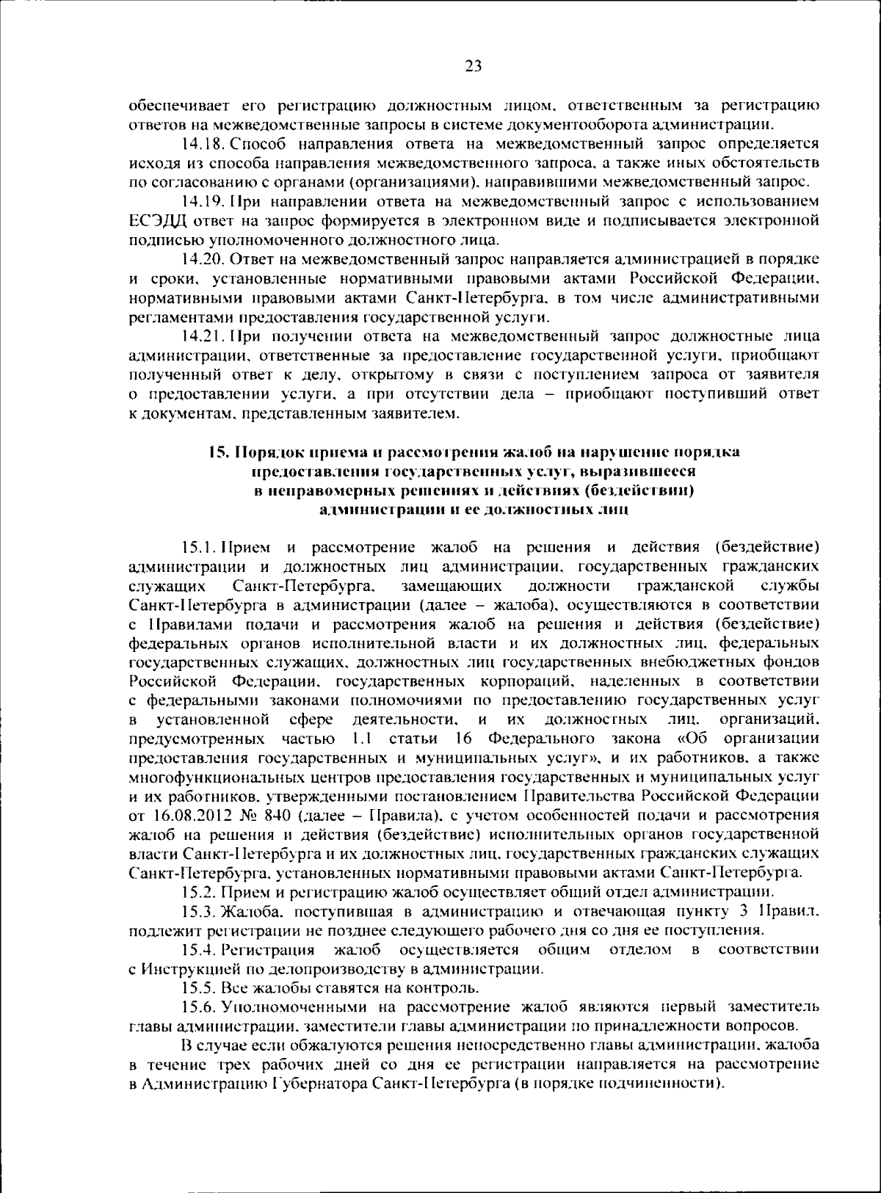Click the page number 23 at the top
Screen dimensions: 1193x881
(473, 67)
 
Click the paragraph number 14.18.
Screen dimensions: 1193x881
(204, 142)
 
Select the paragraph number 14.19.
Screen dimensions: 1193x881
(204, 200)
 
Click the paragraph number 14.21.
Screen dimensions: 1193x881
(204, 336)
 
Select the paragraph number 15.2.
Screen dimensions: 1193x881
(200, 892)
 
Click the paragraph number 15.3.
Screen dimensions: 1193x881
(200, 911)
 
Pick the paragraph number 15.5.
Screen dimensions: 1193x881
(200, 987)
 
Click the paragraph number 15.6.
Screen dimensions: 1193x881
(200, 1007)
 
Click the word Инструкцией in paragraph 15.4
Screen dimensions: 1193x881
(184, 968)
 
